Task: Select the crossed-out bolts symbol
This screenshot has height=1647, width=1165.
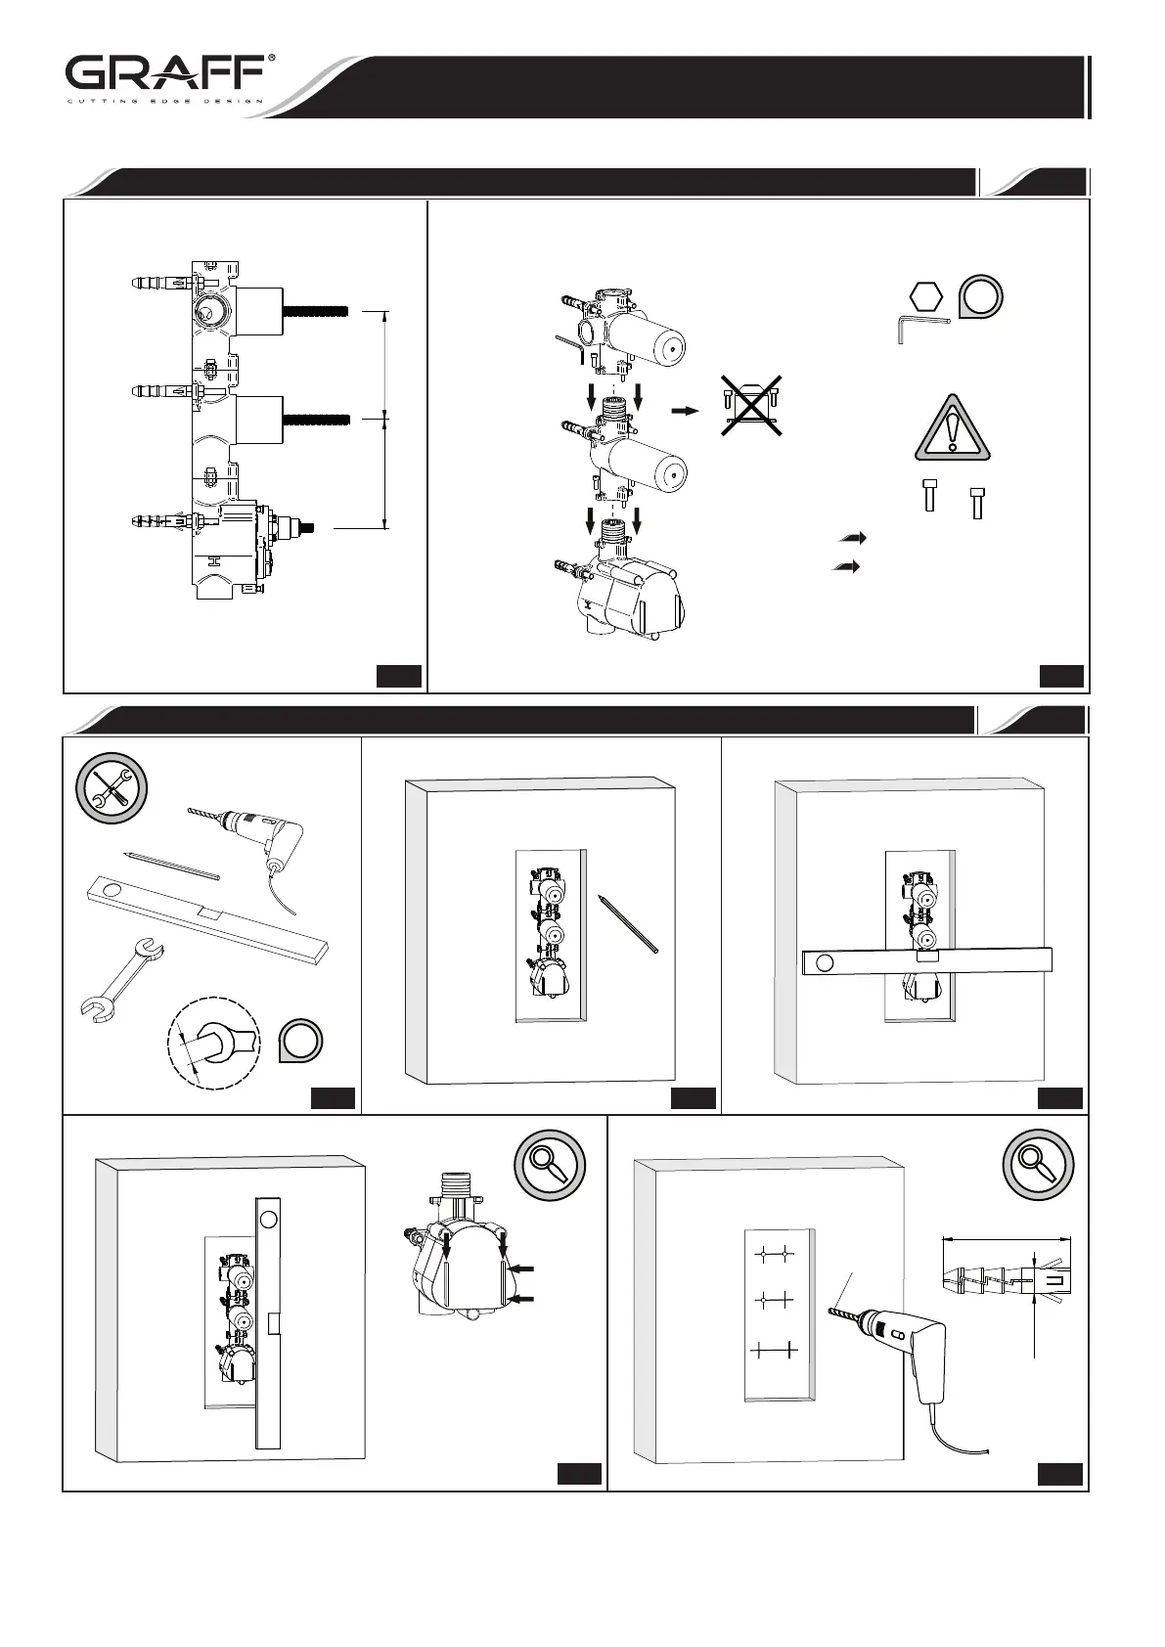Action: click(x=750, y=405)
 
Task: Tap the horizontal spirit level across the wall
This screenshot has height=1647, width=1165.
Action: click(x=925, y=961)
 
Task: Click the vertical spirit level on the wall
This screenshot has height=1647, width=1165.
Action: click(x=268, y=1320)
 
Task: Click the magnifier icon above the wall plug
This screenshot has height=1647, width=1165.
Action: click(x=1038, y=1165)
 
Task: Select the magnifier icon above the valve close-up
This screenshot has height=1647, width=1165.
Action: click(x=550, y=1165)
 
